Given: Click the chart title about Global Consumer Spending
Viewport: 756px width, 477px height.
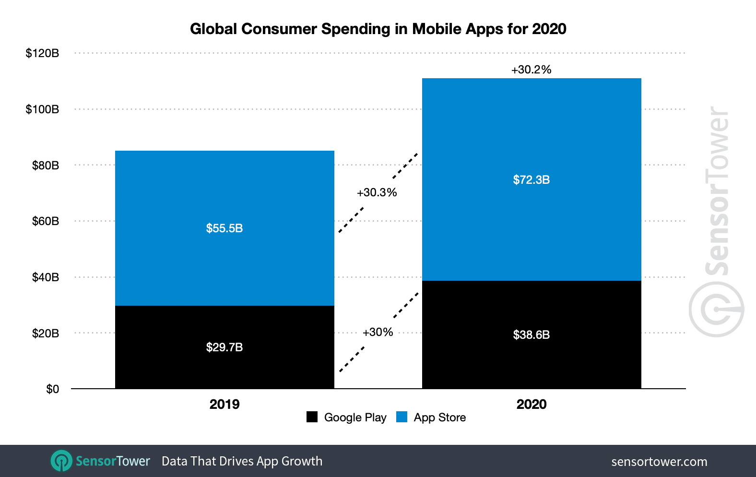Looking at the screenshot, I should pos(378,29).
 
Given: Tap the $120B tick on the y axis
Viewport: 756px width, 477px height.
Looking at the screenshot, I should pos(42,53).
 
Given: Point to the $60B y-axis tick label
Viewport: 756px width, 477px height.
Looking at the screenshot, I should pos(45,221).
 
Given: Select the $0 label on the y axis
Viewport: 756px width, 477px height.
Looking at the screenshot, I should pos(52,389).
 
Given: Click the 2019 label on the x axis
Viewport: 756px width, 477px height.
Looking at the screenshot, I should pos(224,404).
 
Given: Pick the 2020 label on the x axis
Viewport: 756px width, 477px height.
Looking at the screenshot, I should pos(531,404).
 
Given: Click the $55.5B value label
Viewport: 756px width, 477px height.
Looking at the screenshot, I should pos(224,228).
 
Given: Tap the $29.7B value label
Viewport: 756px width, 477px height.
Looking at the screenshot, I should pos(224,347).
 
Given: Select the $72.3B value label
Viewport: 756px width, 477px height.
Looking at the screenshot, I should pos(531,179).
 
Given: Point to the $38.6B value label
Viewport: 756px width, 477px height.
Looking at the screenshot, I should pos(531,334).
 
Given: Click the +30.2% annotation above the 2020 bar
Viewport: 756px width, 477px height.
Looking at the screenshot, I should pos(531,70).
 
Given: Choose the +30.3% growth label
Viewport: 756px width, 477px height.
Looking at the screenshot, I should pos(377,192).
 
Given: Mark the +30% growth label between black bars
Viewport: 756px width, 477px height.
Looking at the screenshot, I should pos(378,332).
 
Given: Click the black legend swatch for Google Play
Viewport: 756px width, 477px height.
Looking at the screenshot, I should pos(312,417).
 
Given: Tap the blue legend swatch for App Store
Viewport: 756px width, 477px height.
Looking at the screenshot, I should pos(402,417).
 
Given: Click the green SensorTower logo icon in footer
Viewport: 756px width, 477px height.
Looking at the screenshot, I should pos(61,461).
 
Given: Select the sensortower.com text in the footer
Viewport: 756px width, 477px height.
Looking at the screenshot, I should pos(659,462).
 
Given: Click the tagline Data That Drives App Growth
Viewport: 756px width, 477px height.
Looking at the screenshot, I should pos(242,461).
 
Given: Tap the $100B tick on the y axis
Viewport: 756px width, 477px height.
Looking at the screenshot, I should pos(42,109).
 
